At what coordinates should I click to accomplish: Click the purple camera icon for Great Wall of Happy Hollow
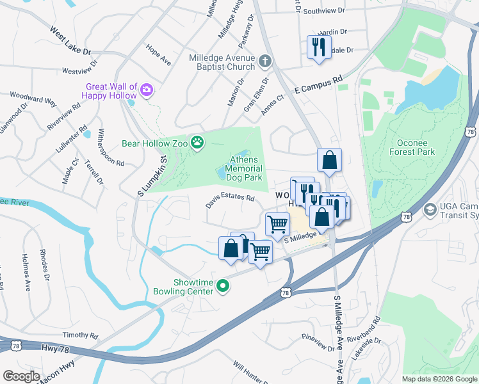pyautogui.click(x=147, y=89)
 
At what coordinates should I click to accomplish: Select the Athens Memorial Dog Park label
pyautogui.click(x=244, y=168)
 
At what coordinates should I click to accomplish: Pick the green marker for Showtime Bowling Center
pyautogui.click(x=223, y=286)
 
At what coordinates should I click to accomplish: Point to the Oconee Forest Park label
pyautogui.click(x=412, y=147)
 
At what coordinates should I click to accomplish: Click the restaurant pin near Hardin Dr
pyautogui.click(x=318, y=47)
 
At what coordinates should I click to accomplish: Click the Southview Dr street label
pyautogui.click(x=324, y=11)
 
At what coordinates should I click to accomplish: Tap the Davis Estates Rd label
pyautogui.click(x=230, y=201)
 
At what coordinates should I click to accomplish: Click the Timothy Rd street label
pyautogui.click(x=80, y=335)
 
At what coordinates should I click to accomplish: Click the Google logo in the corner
pyautogui.click(x=21, y=376)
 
